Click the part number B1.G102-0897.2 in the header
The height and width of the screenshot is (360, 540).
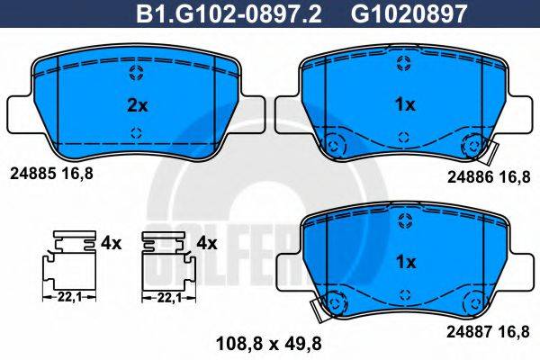pos(229,13)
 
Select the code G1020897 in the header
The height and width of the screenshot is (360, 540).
pos(409,13)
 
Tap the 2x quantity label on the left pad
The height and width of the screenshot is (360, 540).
pos(137,105)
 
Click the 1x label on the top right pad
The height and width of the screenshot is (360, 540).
pos(406,104)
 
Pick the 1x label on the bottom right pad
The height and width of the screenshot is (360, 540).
pos(406,262)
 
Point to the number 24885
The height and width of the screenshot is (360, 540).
pos(33,174)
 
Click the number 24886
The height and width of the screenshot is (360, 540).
pos(470,177)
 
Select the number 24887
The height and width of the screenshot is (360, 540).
pos(470,332)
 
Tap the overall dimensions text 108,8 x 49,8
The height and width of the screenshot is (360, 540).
pos(268,344)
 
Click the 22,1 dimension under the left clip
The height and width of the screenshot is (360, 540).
pos(69,297)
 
